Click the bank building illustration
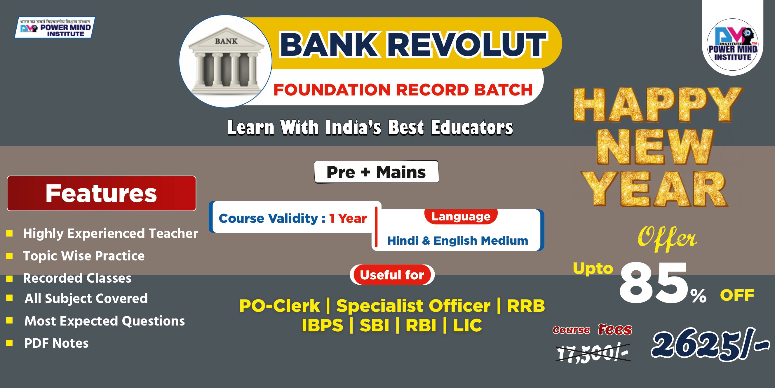pos(226,61)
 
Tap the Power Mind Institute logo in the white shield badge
pos(733,45)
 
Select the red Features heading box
pos(101,193)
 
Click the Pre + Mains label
pos(376,172)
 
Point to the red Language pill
pos(461,216)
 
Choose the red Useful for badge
pos(392,275)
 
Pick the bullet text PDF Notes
pos(57,343)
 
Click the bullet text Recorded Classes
pos(77,278)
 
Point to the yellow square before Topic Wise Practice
pos(10,256)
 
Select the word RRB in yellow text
pos(526,305)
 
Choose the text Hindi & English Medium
pos(458,241)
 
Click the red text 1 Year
pos(348,218)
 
